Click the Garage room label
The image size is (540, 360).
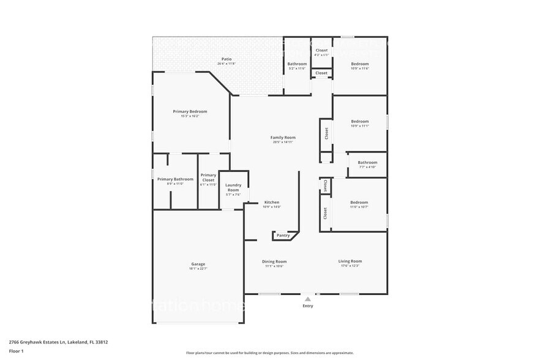coord(198,264)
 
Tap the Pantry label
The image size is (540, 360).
coord(283,235)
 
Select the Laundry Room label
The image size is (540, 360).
coord(233,187)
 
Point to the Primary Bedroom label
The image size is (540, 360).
coord(190,111)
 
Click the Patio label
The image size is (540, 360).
coord(227,59)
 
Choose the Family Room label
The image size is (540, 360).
coord(283,138)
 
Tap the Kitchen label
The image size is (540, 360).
coord(271,202)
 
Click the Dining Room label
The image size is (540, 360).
coord(274,261)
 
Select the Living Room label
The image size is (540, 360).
coord(350,261)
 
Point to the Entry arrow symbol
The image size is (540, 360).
coord(308,298)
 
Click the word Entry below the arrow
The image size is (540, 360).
coord(308,306)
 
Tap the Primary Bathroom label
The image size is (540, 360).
coord(175,179)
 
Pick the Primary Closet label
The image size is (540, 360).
coord(208,178)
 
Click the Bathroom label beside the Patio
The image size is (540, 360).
coord(297,64)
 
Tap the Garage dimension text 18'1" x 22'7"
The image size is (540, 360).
coord(198,269)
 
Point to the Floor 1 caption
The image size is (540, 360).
coord(16,351)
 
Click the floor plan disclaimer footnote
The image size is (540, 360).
coord(269,353)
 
